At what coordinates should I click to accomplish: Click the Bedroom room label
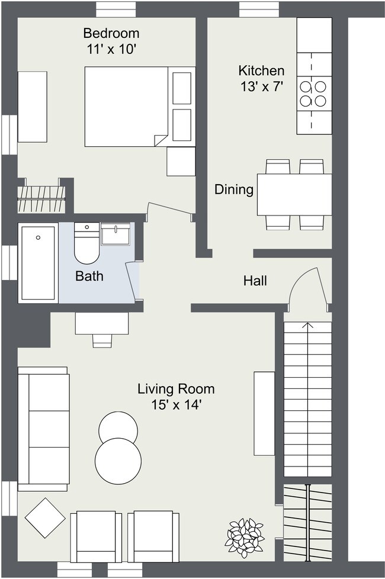[111, 33]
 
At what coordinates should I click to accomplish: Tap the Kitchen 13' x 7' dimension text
[262, 87]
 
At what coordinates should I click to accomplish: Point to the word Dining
[234, 189]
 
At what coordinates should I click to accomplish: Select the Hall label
[255, 281]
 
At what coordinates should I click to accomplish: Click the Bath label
[89, 276]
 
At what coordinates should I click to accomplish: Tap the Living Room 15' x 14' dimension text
[177, 405]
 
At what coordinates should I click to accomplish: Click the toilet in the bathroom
[87, 243]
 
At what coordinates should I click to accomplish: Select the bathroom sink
[115, 234]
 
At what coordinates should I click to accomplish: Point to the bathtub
[38, 262]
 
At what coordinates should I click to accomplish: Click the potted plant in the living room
[245, 538]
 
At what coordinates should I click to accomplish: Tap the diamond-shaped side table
[46, 517]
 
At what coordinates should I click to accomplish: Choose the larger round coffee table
[118, 461]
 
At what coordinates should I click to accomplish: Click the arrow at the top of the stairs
[307, 326]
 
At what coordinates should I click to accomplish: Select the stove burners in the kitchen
[313, 94]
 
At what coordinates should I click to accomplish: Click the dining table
[294, 195]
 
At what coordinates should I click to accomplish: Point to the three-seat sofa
[44, 429]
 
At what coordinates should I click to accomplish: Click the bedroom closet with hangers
[41, 199]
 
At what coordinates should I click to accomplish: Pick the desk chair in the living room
[102, 341]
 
